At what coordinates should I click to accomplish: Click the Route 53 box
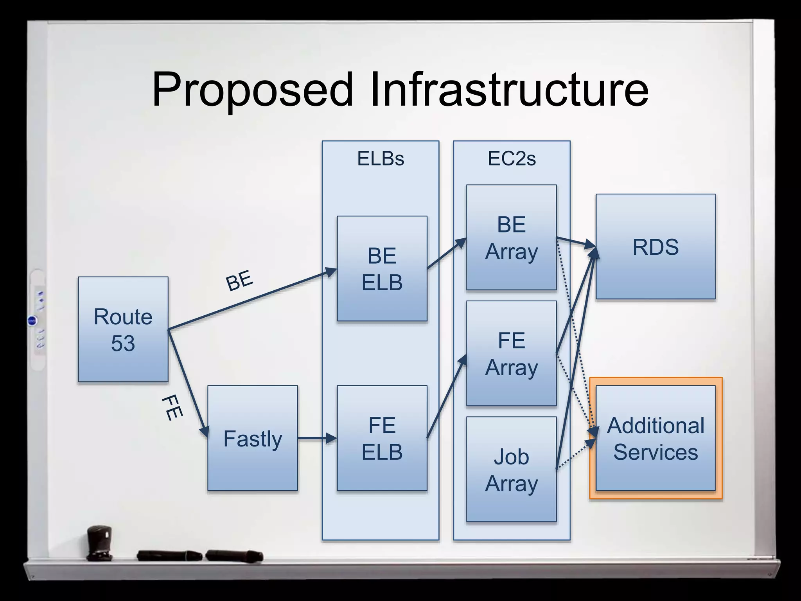(123, 329)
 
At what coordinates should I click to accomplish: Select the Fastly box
(253, 438)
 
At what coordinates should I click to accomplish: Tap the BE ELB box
(382, 269)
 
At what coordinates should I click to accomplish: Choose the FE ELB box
(382, 438)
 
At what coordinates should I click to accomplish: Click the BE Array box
(511, 238)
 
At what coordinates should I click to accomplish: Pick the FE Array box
(511, 353)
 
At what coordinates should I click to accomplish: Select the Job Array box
(511, 469)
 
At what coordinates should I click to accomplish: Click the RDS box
(656, 247)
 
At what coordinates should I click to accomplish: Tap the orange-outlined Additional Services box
(656, 438)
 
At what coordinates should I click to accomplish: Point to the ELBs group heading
(381, 158)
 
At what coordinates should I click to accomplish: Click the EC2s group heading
(512, 158)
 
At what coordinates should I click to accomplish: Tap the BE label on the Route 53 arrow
(239, 280)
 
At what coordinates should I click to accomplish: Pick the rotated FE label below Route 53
(172, 408)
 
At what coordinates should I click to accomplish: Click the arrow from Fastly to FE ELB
(317, 438)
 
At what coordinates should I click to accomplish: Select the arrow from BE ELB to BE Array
(447, 253)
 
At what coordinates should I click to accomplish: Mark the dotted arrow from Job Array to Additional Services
(575, 454)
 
